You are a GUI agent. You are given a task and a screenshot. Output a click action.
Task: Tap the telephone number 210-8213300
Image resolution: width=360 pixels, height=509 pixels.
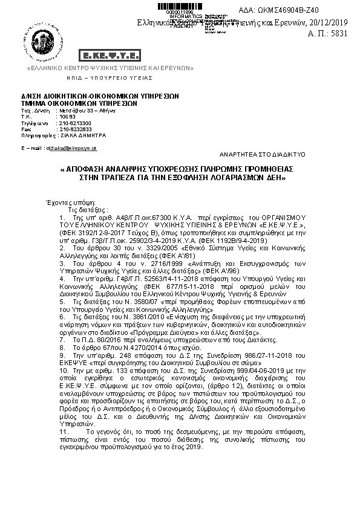click(x=74, y=123)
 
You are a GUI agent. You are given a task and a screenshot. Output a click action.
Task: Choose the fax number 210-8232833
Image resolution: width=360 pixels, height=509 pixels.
click(x=74, y=129)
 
